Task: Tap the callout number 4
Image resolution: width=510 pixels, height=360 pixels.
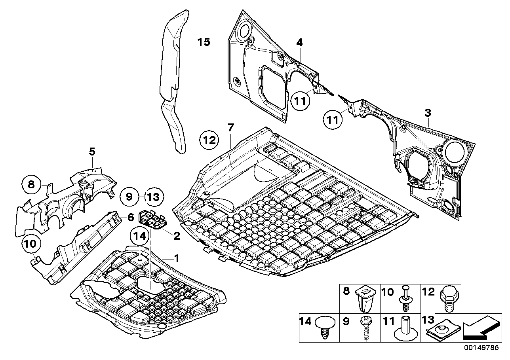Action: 300,42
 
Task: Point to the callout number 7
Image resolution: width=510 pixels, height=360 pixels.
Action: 231,127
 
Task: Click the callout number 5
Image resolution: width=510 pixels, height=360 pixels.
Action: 92,151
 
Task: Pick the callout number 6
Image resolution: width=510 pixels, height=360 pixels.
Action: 130,217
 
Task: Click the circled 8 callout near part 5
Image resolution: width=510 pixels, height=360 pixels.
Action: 31,184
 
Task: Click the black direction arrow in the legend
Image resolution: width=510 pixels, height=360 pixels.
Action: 480,329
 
